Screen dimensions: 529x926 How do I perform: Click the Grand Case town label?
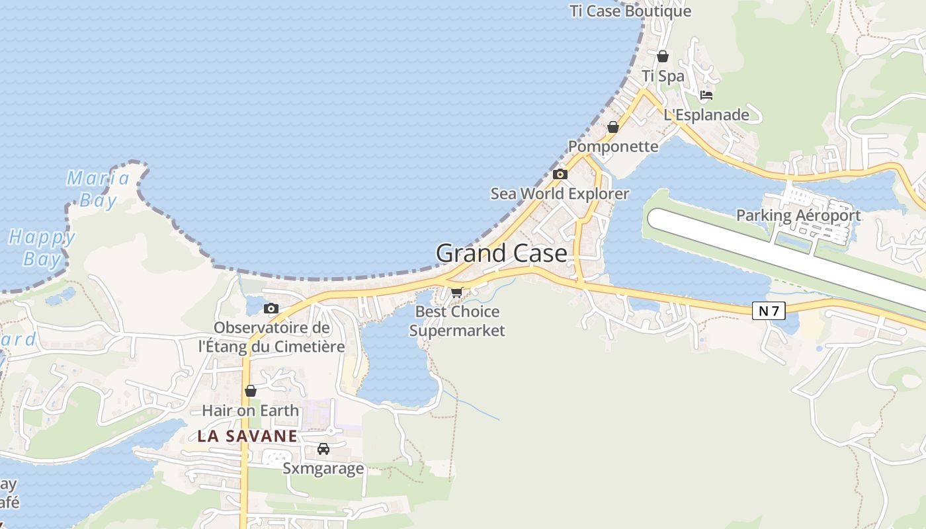[x=501, y=253]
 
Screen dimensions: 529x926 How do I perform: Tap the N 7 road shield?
[x=769, y=310]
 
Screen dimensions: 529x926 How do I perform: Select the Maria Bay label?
[x=99, y=188]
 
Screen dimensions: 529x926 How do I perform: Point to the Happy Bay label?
[x=42, y=247]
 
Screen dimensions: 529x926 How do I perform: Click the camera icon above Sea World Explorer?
[x=560, y=174]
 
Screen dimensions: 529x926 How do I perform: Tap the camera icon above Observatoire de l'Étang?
[x=271, y=308]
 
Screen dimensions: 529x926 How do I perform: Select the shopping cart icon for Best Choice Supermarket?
[x=456, y=292]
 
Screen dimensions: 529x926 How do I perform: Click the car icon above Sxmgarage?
[x=323, y=449]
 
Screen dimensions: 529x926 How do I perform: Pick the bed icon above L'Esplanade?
[x=706, y=95]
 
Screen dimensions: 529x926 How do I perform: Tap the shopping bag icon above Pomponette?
[x=613, y=127]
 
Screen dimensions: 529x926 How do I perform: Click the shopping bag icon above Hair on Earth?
[x=251, y=391]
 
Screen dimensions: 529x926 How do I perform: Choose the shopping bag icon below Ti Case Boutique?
[x=663, y=56]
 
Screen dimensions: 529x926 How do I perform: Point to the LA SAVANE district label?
[x=247, y=436]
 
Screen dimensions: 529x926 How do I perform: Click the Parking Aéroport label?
[x=798, y=215]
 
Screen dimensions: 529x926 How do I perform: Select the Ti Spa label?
[x=663, y=76]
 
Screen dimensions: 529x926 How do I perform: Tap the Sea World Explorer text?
[x=560, y=194]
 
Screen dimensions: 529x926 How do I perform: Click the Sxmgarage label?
[x=323, y=468]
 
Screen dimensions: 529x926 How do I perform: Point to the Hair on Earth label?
[x=251, y=411]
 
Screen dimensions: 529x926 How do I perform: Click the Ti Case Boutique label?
[x=630, y=11]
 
